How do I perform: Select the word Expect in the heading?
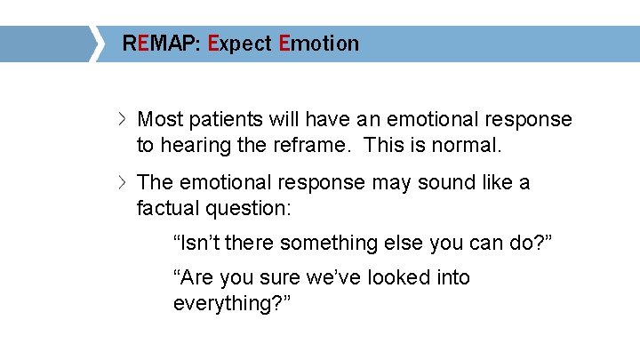239,44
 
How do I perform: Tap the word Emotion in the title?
318,44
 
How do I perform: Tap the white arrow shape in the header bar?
96,44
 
